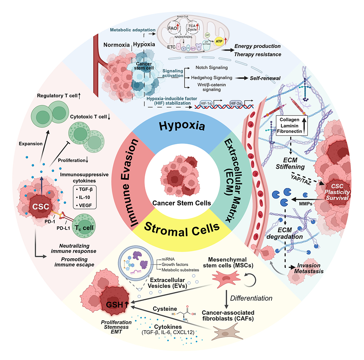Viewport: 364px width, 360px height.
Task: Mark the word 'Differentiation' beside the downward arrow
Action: [x=253, y=298]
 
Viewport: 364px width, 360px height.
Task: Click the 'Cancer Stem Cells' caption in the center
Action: [x=182, y=203]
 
